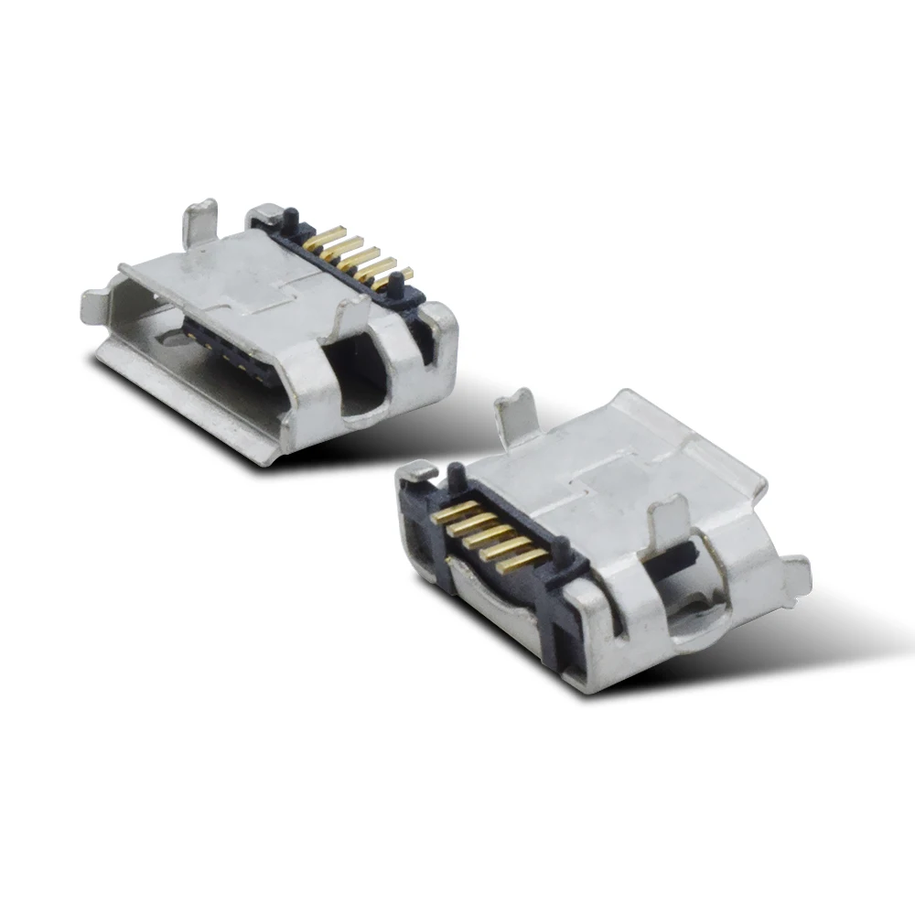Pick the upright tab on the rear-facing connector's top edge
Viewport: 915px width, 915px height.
[x=517, y=416]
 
